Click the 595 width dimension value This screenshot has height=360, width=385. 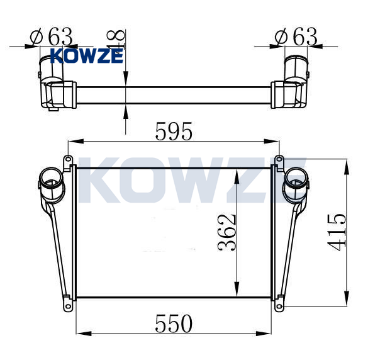pyautogui.click(x=174, y=132)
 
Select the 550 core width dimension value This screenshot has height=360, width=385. pyautogui.click(x=174, y=323)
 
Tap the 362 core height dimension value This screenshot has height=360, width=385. pyautogui.click(x=227, y=232)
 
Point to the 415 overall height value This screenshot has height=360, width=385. pyautogui.click(x=337, y=232)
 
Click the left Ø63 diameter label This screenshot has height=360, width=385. pyautogui.click(x=51, y=37)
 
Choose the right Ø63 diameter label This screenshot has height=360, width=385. pyautogui.click(x=296, y=37)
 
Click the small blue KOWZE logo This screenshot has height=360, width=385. pyautogui.click(x=87, y=55)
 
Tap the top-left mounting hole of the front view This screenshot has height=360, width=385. pyautogui.click(x=68, y=159)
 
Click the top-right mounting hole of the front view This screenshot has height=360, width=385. pyautogui.click(x=279, y=159)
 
